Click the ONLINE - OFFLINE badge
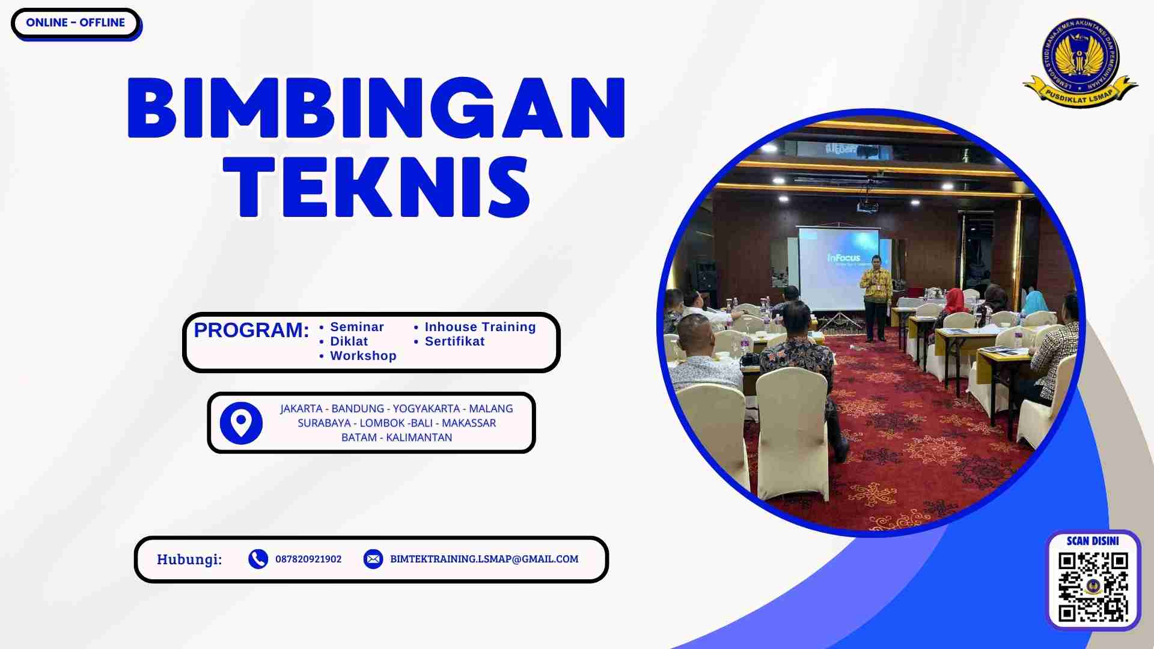[75, 23]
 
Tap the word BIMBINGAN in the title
[376, 109]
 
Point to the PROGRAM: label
[251, 330]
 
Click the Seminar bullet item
[356, 327]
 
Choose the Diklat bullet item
[349, 341]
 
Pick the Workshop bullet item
[363, 356]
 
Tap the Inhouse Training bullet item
[480, 327]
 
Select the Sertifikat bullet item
[454, 341]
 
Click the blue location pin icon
[241, 423]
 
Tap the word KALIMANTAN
[419, 437]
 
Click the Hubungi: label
[189, 559]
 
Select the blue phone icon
[258, 559]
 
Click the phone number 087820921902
[308, 559]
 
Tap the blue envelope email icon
[373, 559]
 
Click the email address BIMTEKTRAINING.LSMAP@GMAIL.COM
[484, 559]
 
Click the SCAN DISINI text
[1093, 541]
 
